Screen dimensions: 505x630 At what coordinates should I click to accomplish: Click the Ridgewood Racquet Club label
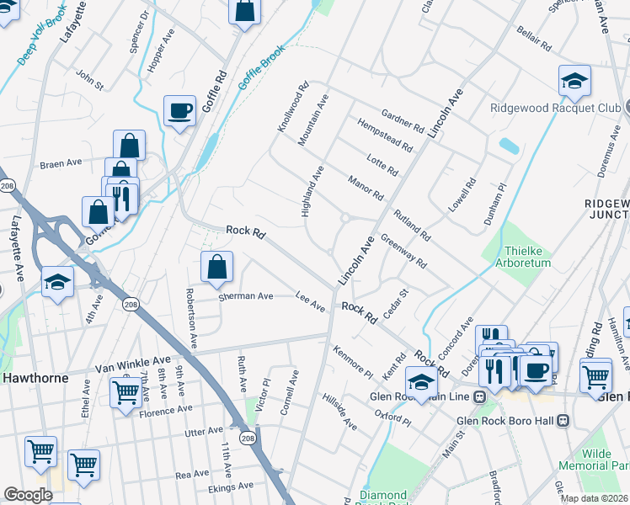pos(556,108)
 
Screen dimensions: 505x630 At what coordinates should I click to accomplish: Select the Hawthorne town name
pos(34,378)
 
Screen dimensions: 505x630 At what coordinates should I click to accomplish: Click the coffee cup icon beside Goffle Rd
pos(179,110)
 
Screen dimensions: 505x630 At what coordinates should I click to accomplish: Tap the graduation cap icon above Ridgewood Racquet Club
pos(574,81)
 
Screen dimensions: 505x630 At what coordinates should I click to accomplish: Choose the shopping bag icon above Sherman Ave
pos(216,268)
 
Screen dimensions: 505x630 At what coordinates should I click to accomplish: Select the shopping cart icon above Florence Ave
pos(125,391)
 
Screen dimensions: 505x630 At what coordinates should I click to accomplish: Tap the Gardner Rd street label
pos(402,120)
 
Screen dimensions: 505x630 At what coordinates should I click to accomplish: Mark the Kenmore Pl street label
pos(352,361)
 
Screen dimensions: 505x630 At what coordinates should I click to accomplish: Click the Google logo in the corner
pos(28,495)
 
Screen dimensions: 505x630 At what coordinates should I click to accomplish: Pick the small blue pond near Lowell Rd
pos(509,145)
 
